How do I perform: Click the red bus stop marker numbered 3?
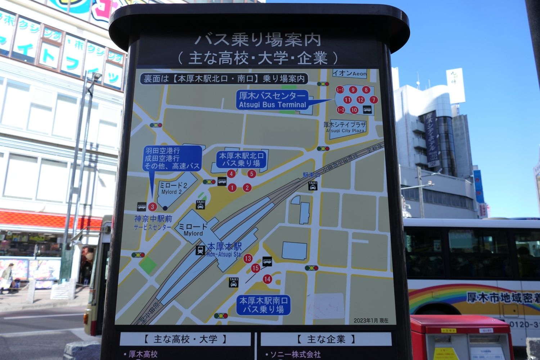pos(152,207)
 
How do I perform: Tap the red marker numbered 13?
pos(248,258)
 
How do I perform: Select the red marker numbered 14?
pos(267,279)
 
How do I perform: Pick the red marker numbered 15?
pos(256,268)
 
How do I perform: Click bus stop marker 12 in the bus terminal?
pos(360,100)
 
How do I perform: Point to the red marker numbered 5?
pos(252,174)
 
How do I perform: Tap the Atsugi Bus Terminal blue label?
pos(273,100)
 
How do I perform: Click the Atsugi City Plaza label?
pos(345,127)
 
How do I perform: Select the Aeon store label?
pos(349,73)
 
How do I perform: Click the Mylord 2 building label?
pos(173,188)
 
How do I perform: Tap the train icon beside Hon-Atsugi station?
pos(200,250)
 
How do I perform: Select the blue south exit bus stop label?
pos(264,305)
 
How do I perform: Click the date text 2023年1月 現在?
pos(371,320)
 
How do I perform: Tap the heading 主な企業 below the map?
pos(326,339)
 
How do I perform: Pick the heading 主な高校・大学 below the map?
pos(185,339)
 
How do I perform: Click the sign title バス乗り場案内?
pos(257,40)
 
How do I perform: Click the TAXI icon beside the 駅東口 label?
pos(313,186)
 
